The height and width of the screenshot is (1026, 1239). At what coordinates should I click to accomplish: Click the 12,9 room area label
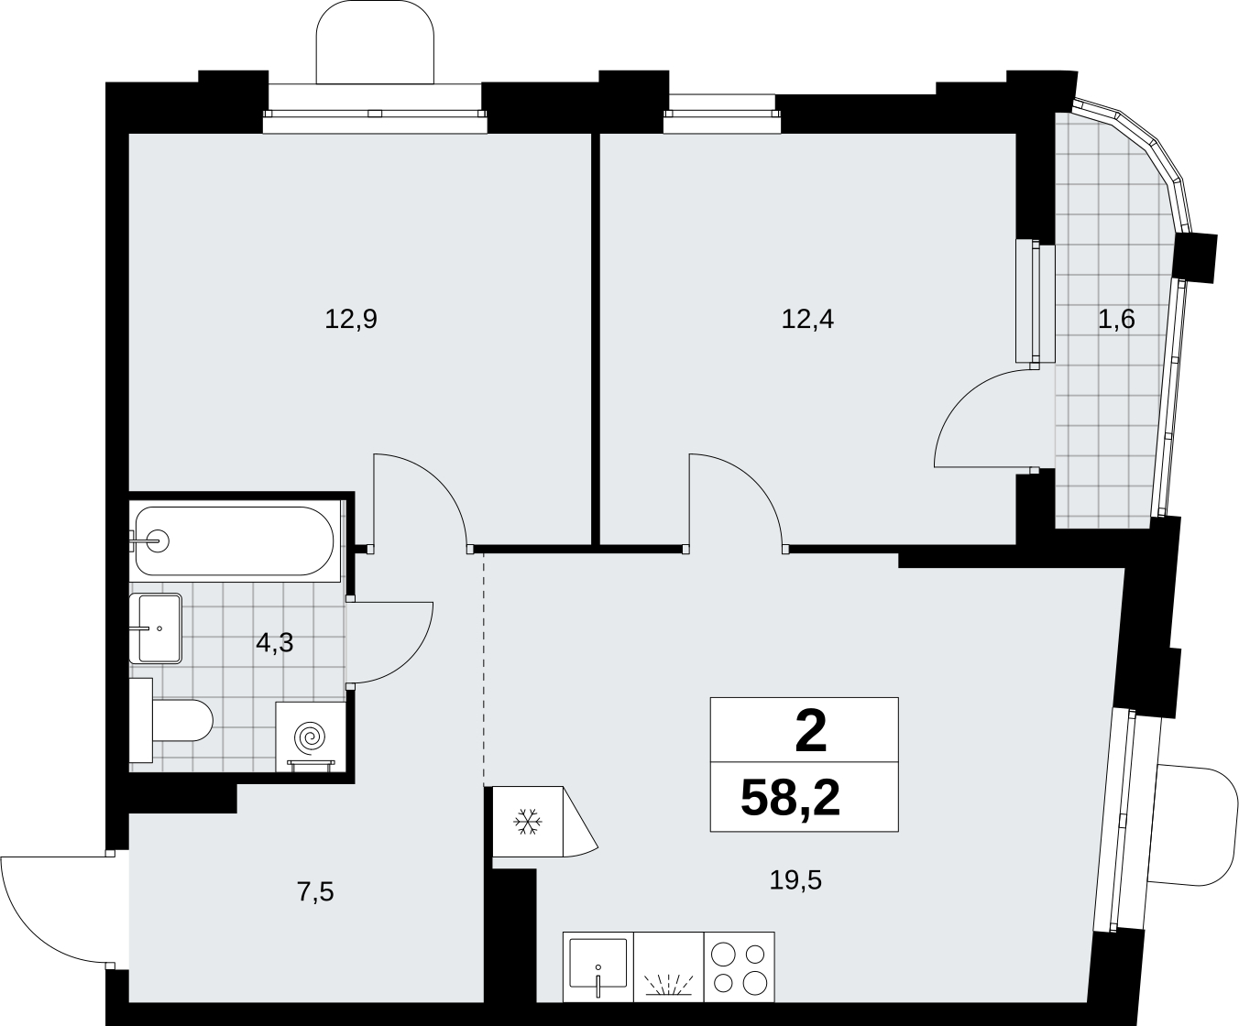pos(351,320)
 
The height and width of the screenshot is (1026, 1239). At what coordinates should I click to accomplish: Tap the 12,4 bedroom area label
pos(807,320)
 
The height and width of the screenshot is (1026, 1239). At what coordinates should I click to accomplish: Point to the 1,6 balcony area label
pos(1117,320)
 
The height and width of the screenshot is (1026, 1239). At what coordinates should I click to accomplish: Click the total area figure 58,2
pos(790,798)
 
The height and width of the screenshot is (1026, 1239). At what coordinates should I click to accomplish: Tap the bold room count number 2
pos(810,733)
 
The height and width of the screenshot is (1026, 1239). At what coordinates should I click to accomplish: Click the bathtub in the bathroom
pos(235,540)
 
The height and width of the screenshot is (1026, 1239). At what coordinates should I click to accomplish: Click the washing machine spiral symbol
pos(311,737)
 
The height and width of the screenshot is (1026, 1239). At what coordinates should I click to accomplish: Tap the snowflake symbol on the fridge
pos(528,822)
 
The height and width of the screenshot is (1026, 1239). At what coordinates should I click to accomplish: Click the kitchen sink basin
pos(598,962)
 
